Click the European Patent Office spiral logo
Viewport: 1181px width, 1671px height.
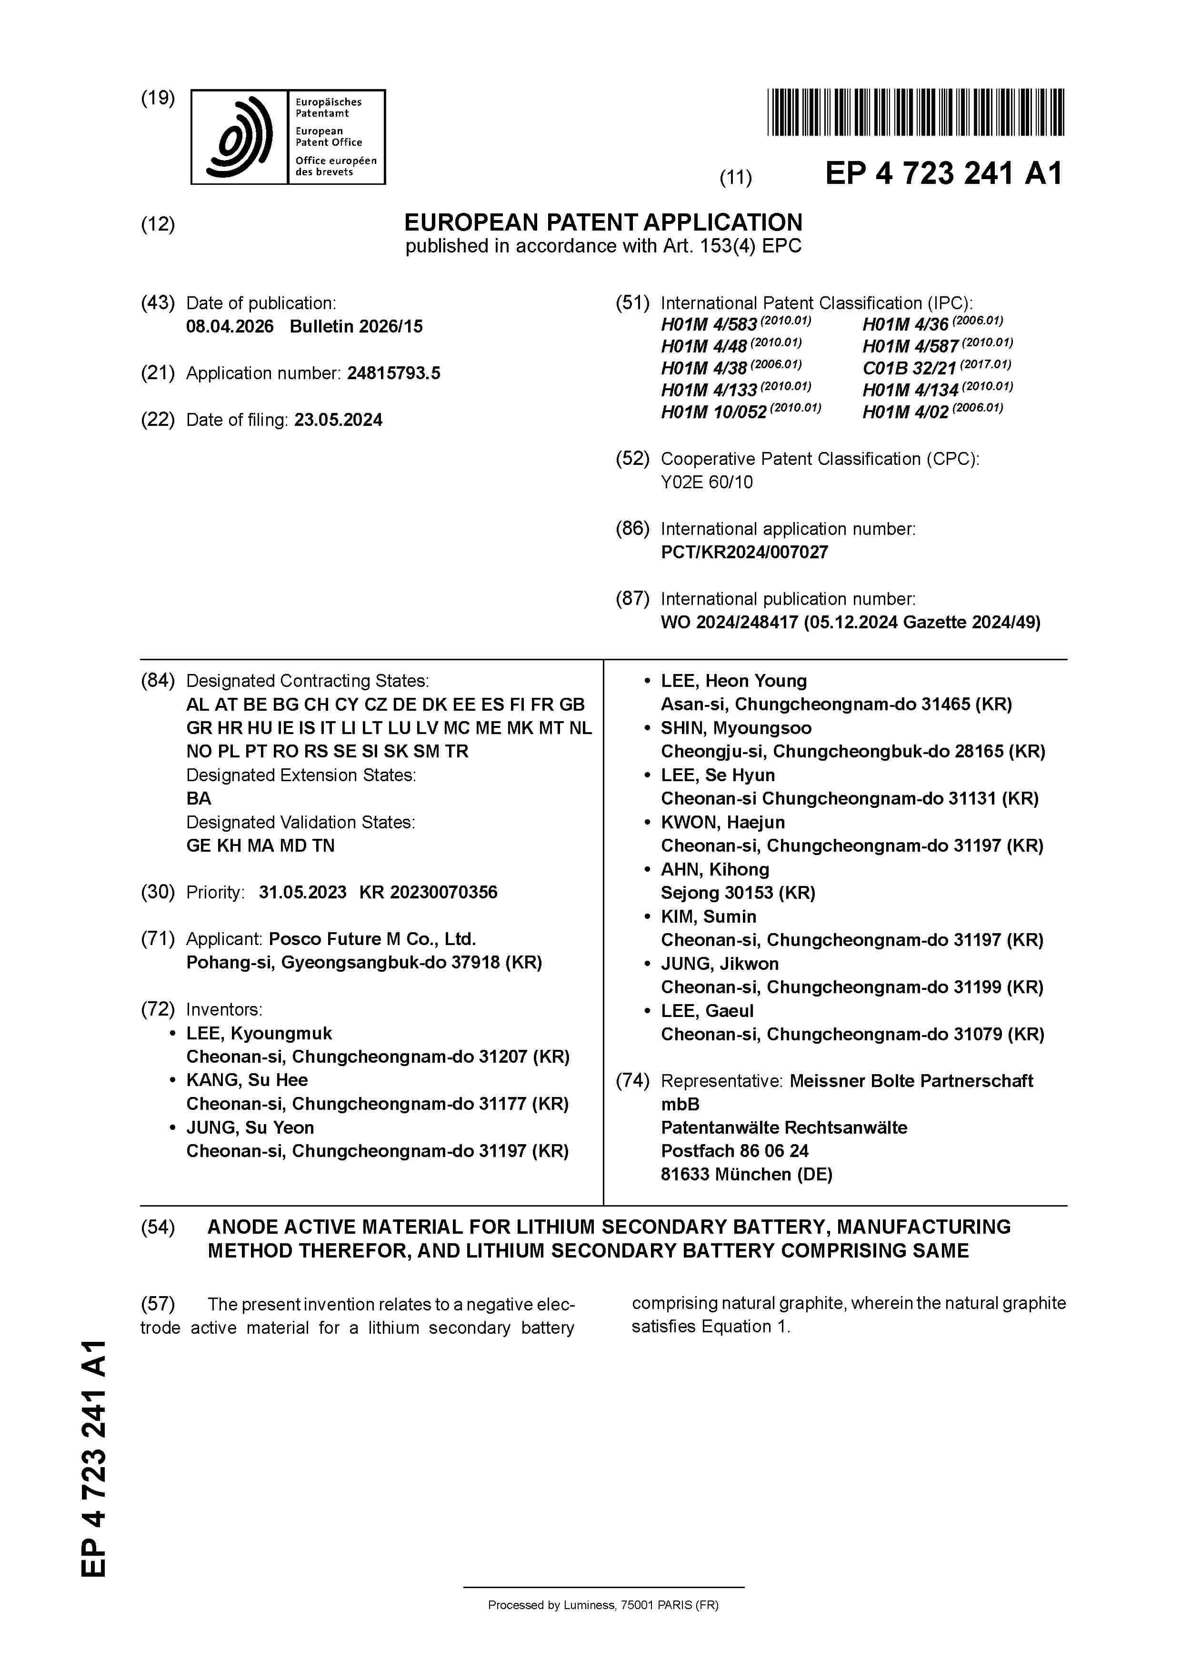click(x=240, y=137)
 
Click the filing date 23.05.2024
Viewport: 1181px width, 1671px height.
click(x=339, y=420)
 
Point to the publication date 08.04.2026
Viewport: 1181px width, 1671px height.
click(x=230, y=326)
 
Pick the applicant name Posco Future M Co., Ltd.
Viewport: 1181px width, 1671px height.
click(x=372, y=939)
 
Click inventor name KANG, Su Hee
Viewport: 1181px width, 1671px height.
click(x=247, y=1080)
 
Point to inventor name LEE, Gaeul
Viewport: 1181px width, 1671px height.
click(x=707, y=1010)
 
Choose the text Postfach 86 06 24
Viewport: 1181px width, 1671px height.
click(x=734, y=1151)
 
